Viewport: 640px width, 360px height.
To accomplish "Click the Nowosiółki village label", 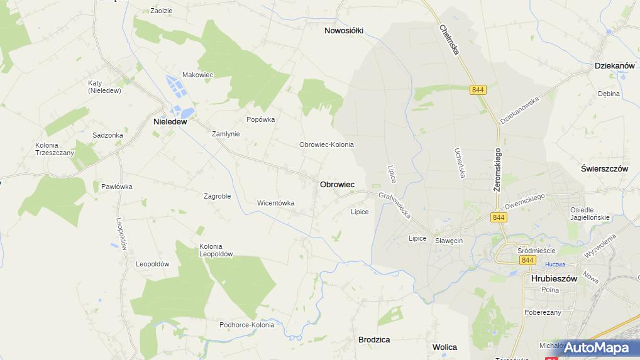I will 344,30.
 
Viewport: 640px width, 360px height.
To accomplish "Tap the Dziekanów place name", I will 614,65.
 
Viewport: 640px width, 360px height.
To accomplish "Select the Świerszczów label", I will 605,169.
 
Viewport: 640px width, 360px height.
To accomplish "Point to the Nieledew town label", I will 170,122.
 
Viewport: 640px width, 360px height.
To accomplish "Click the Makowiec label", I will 198,75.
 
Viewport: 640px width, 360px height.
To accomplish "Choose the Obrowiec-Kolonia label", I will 326,145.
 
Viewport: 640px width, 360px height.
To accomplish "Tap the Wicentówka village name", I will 275,203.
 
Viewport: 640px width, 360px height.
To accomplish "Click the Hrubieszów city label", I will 554,278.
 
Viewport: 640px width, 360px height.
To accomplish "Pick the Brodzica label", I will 374,339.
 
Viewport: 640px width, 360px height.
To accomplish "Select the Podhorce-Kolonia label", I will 246,325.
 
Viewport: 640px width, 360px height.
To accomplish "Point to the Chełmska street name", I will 449,39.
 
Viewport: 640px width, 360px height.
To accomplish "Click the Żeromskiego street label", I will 497,170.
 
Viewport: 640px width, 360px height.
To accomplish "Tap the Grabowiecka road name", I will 394,205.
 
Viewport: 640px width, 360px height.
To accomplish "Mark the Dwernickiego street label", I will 524,202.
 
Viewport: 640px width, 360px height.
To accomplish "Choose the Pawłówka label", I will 117,187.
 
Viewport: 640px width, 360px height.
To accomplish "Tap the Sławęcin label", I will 449,241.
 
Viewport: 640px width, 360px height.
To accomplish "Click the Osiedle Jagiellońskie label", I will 590,214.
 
